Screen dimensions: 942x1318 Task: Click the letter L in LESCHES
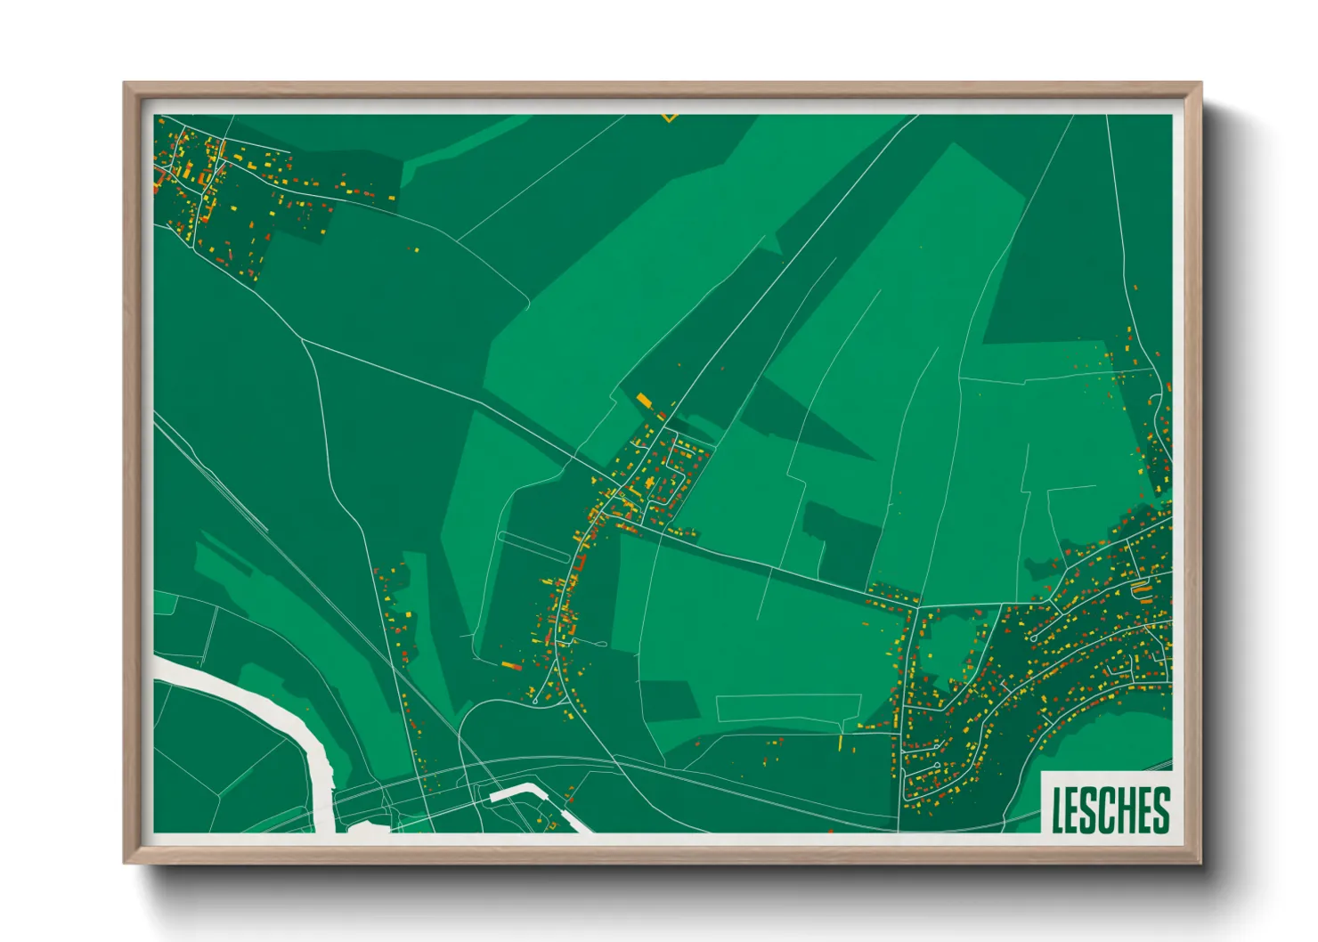tap(1058, 810)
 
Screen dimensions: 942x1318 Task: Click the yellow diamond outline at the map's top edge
tap(670, 116)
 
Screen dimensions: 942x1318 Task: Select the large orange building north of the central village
tap(644, 400)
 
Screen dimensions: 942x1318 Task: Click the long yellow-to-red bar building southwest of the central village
tap(510, 664)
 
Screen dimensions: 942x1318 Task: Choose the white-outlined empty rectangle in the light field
tap(788, 708)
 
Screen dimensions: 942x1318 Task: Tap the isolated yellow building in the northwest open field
tap(414, 250)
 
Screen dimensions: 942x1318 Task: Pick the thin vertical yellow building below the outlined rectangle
tap(841, 741)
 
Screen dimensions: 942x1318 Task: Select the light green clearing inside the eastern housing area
tap(948, 641)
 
